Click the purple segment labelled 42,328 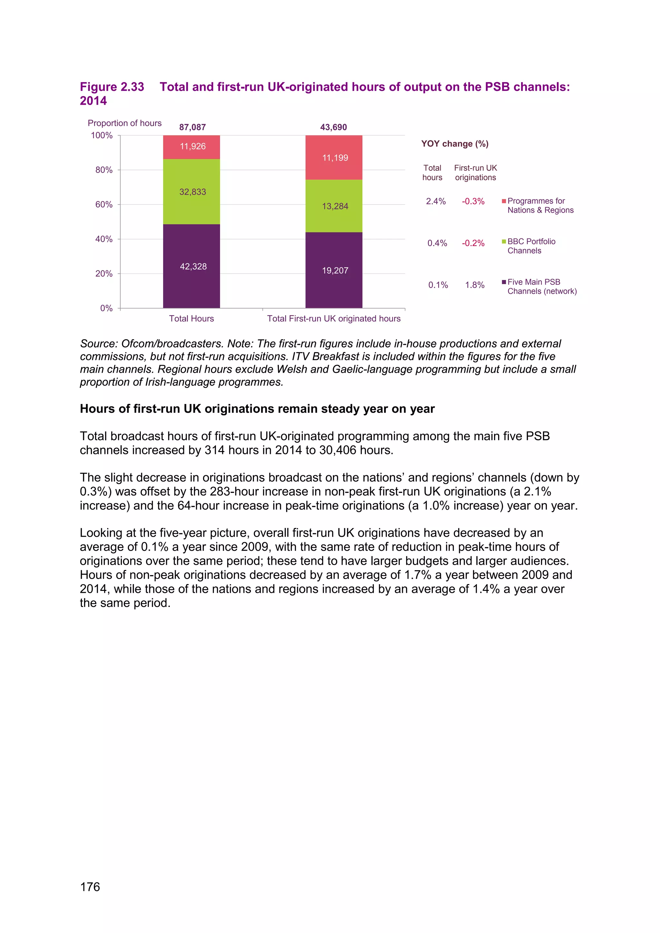click(x=191, y=266)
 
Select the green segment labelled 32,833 click(x=191, y=191)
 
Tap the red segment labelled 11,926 click(x=191, y=147)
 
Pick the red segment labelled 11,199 click(x=334, y=158)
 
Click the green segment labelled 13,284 click(x=334, y=206)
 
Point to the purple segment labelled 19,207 click(x=334, y=270)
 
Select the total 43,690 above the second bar click(x=333, y=127)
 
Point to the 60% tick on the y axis click(x=104, y=204)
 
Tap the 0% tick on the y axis click(x=106, y=308)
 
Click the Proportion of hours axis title click(x=124, y=123)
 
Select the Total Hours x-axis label click(x=191, y=319)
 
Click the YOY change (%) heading click(x=455, y=144)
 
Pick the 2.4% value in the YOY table click(x=436, y=201)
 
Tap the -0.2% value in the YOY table click(x=473, y=243)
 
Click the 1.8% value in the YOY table click(x=475, y=285)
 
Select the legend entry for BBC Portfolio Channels click(x=531, y=246)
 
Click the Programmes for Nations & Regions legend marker click(x=504, y=201)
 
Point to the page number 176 click(x=90, y=887)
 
